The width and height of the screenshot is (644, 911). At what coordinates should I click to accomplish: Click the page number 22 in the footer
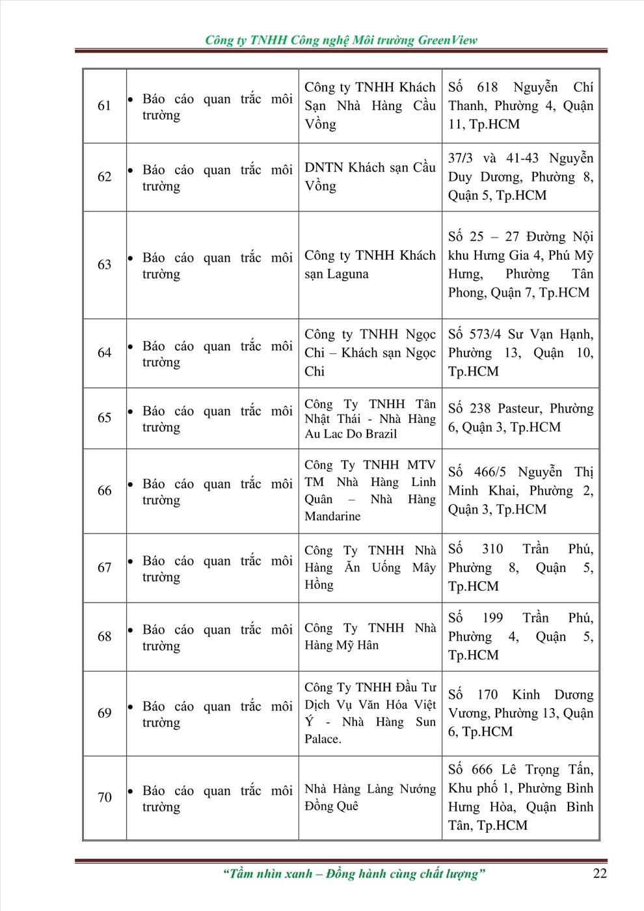coord(599,873)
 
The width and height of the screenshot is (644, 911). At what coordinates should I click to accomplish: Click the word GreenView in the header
coord(448,40)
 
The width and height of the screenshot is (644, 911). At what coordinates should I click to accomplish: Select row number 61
coord(104,105)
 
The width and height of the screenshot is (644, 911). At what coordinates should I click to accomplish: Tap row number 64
coord(104,353)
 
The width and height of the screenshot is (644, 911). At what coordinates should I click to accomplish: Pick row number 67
coord(104,567)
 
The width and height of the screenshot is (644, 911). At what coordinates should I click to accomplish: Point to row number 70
coord(104,797)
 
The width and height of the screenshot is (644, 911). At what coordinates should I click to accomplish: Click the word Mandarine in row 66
coord(332,516)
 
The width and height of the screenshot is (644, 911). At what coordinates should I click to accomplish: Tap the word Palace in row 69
coord(323,739)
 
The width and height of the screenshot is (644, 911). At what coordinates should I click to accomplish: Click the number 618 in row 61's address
coord(487,87)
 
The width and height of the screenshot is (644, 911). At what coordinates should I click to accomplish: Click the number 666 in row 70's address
coord(482,770)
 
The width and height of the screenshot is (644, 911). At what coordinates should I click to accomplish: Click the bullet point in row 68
coord(130,631)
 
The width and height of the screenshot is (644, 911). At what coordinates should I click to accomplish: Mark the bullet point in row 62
coord(130,170)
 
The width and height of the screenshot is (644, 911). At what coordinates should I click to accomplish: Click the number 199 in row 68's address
coord(492,618)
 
